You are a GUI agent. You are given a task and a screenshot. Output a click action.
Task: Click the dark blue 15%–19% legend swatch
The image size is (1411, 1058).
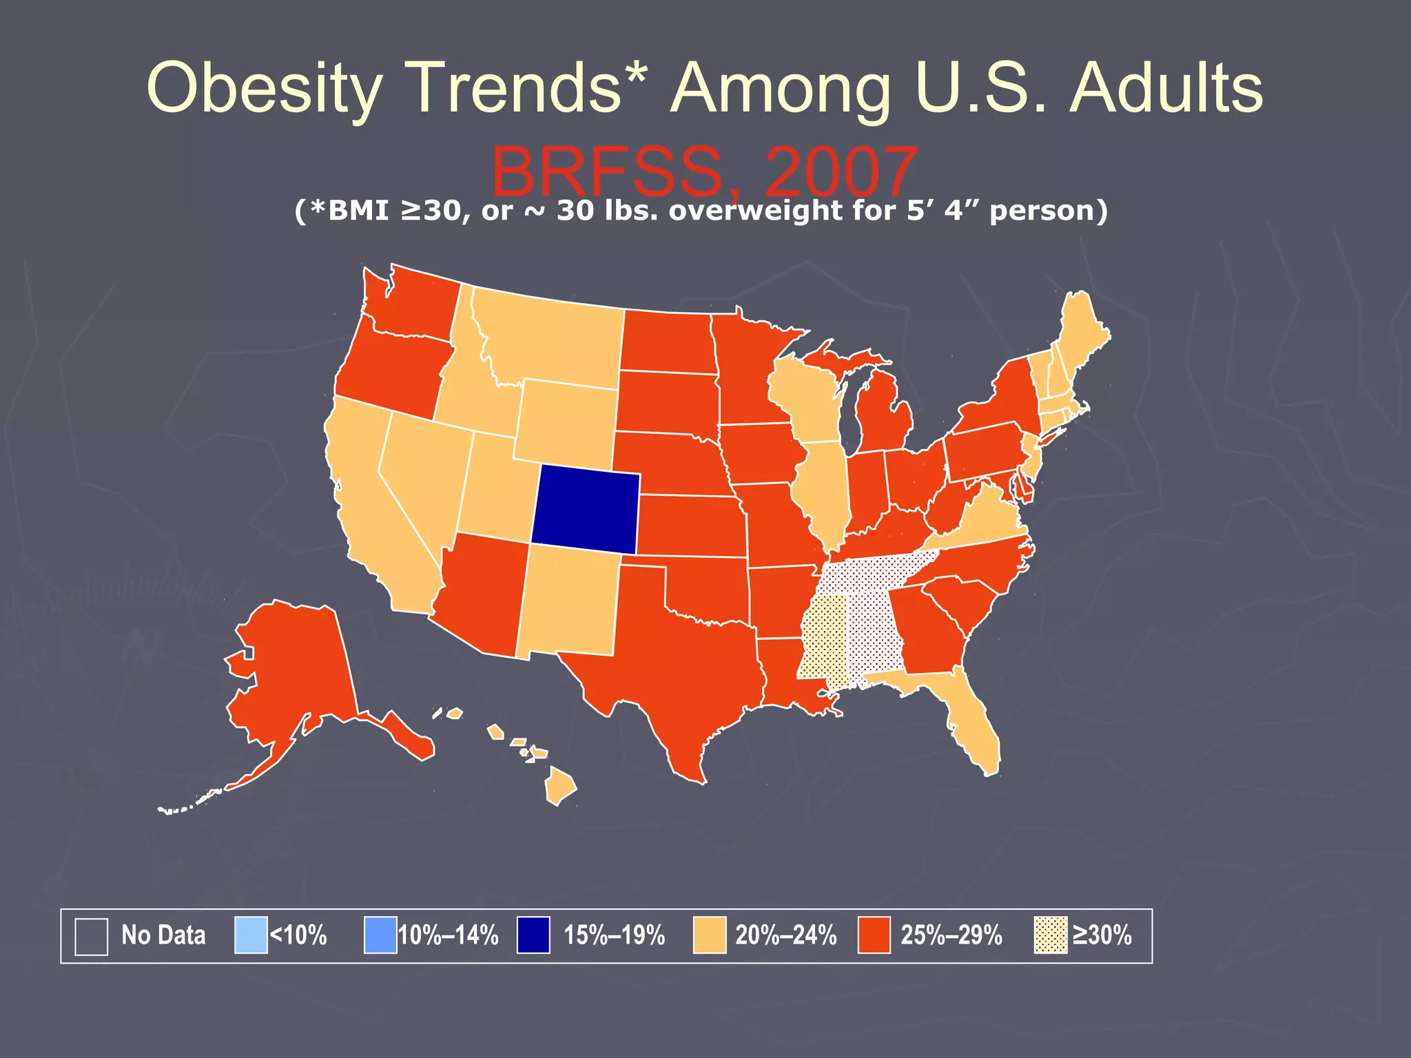coord(533,935)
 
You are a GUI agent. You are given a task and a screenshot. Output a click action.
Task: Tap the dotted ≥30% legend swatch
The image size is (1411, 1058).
coord(1051,935)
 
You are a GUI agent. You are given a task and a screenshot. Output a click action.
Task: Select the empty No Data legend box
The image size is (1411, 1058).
coord(91,936)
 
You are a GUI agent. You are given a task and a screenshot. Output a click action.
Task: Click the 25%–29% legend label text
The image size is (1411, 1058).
coord(951,935)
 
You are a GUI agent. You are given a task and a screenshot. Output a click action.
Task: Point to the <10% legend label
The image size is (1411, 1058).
coord(298,935)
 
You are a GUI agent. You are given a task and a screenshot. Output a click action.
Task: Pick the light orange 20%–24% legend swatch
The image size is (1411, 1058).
coord(710,935)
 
